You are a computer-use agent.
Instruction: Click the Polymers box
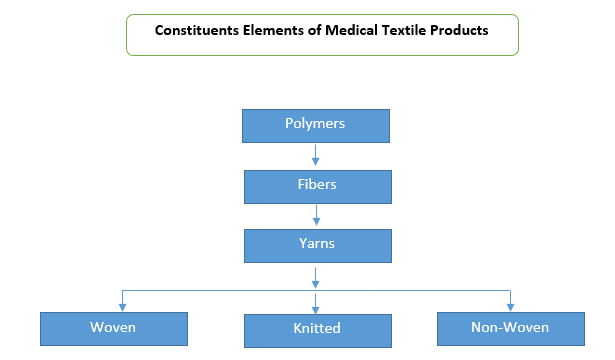coord(316,126)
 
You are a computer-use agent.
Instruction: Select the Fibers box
coord(318,187)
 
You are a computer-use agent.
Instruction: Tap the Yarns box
coord(318,246)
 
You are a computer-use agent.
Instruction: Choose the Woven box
coord(114,329)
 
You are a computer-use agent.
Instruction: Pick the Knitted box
coord(318,331)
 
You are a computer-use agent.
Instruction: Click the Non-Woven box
coord(511,329)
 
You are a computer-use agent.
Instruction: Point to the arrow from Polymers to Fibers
coord(315,155)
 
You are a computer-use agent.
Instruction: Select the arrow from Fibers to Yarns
coord(317,215)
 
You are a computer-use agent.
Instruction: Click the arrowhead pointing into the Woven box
coord(122,307)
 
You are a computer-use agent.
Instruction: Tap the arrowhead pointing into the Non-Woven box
coord(510,307)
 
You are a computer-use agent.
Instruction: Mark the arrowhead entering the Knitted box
coord(315,309)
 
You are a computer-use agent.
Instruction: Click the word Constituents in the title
coord(197,30)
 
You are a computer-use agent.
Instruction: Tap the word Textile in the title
coord(404,30)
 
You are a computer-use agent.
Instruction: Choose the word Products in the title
coord(459,30)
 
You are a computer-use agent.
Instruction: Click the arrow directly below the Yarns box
coord(315,278)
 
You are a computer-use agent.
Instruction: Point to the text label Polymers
coord(315,124)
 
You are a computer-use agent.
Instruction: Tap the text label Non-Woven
coord(510,327)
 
